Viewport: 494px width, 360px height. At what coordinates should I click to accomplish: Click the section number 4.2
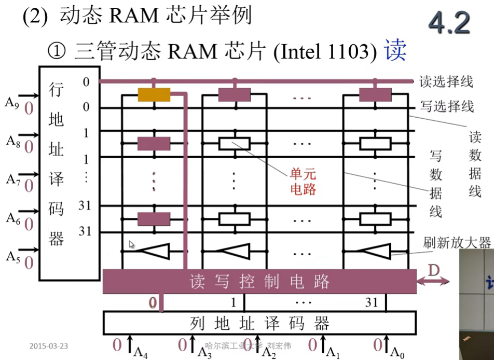click(x=449, y=23)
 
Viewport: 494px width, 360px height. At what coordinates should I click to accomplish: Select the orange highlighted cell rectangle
click(x=154, y=94)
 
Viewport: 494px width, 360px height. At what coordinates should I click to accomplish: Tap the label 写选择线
click(x=447, y=107)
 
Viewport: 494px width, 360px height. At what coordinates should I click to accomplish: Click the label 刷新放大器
click(x=457, y=242)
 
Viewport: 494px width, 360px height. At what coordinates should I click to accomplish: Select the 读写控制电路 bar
click(x=259, y=282)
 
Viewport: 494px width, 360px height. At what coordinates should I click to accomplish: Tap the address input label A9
click(x=12, y=102)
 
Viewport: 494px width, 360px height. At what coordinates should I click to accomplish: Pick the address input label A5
click(x=12, y=256)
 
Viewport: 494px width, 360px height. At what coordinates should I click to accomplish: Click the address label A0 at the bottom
click(x=397, y=352)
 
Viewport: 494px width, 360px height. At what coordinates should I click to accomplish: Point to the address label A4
click(x=141, y=352)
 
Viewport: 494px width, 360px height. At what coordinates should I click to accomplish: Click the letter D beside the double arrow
click(x=434, y=270)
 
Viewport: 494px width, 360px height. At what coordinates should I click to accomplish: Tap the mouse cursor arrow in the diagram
click(x=132, y=244)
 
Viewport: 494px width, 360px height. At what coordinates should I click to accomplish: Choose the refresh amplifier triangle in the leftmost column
click(x=155, y=252)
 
